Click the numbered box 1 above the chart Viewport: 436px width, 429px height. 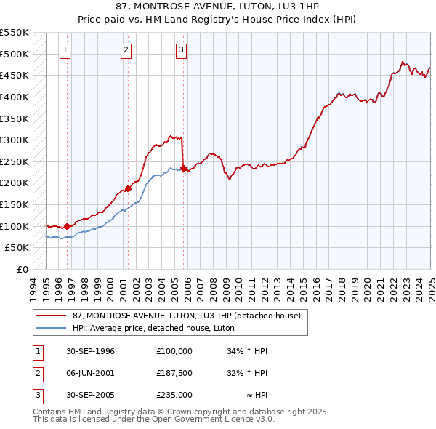[x=65, y=50]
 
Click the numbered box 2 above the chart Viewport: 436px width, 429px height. [x=126, y=50]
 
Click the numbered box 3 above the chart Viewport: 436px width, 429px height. [x=180, y=50]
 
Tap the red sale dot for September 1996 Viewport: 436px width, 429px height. [x=67, y=226]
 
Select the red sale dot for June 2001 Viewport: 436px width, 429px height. [x=128, y=188]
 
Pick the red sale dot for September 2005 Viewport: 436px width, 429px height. [x=183, y=168]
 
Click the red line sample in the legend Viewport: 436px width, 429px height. [x=51, y=315]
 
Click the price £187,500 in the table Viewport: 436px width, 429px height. [x=174, y=373]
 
